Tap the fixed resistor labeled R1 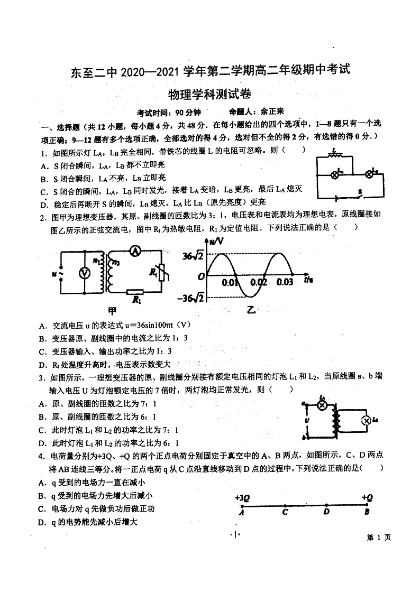click(136, 292)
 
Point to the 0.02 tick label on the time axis click(259, 282)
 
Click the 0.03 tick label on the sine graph click(285, 282)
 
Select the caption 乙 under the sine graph click(250, 310)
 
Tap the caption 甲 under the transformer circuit click(112, 310)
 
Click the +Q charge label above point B click(367, 497)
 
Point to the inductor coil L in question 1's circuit click(334, 157)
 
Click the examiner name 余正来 click(271, 112)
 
